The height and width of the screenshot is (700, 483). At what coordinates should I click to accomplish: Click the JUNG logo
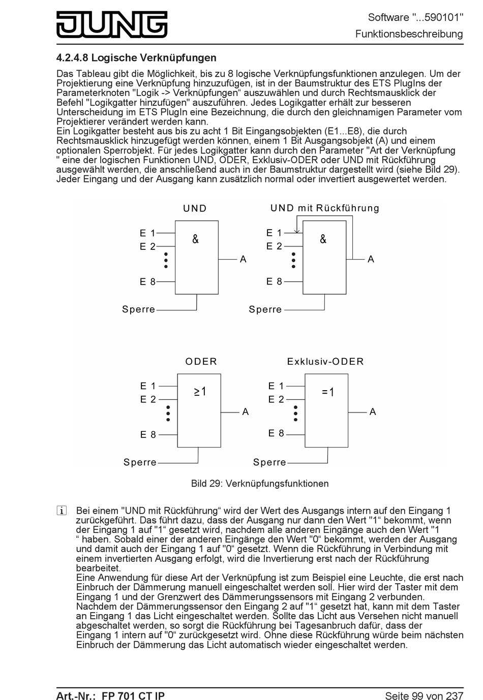[112, 24]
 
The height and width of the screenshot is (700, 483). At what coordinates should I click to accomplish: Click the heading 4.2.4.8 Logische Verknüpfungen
[136, 58]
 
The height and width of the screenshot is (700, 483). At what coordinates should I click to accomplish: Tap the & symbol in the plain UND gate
[196, 239]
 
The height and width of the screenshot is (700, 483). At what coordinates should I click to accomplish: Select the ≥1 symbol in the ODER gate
[200, 392]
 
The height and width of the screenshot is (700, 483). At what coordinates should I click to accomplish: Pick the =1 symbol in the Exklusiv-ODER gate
[328, 392]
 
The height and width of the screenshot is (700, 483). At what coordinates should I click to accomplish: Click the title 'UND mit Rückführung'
[325, 208]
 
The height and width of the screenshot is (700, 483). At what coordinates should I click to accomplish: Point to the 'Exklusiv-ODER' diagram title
[325, 362]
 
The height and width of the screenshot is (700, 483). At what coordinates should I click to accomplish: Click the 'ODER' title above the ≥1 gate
[201, 362]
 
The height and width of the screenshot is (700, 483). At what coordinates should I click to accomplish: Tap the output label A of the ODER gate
[246, 412]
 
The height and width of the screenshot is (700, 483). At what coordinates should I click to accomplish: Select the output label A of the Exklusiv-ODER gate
[373, 412]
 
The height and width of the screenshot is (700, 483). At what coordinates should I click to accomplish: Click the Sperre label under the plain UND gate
[138, 309]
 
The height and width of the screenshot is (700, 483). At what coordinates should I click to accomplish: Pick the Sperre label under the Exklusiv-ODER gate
[269, 462]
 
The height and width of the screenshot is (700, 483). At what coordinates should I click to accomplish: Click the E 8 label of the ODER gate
[148, 435]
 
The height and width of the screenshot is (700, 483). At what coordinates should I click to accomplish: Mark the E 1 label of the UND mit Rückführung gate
[274, 233]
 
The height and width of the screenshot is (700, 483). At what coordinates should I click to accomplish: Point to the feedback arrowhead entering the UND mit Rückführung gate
[297, 231]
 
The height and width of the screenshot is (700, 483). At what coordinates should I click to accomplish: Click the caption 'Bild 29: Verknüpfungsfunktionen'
[259, 484]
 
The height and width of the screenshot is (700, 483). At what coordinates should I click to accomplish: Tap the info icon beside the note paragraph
[62, 511]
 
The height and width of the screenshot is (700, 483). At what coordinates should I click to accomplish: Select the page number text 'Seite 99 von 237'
[424, 695]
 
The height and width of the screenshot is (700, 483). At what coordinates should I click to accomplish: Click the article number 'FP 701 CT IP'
[133, 695]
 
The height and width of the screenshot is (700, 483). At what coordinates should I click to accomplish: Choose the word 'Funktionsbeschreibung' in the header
[409, 34]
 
